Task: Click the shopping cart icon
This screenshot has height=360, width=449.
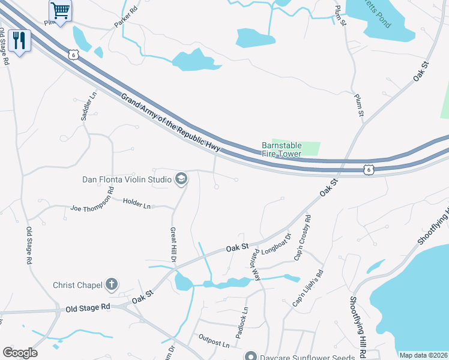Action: pyautogui.click(x=60, y=10)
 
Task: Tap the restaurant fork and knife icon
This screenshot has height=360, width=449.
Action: pyautogui.click(x=19, y=40)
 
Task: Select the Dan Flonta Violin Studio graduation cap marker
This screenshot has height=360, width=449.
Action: pyautogui.click(x=181, y=179)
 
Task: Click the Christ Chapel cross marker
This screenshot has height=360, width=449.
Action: pyautogui.click(x=112, y=285)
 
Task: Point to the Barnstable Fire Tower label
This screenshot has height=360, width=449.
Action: pyautogui.click(x=282, y=149)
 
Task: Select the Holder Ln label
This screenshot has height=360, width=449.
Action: pyautogui.click(x=137, y=204)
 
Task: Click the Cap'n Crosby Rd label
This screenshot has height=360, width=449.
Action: pyautogui.click(x=303, y=238)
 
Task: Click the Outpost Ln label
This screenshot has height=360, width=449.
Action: pyautogui.click(x=214, y=344)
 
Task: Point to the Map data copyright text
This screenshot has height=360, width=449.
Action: pyautogui.click(x=423, y=355)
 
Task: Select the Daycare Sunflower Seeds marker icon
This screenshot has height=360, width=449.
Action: pyautogui.click(x=253, y=356)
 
